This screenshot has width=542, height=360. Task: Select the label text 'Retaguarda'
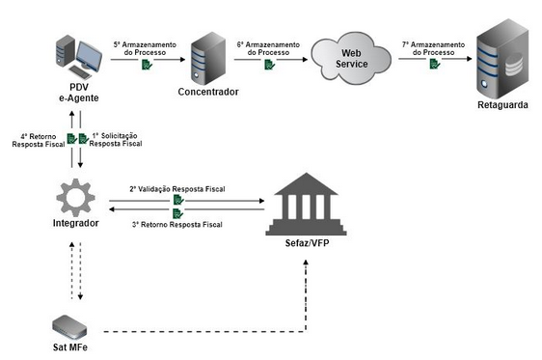pos(503,103)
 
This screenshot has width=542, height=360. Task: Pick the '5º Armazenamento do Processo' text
pos(145,47)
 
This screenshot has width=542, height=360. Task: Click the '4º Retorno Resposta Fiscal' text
pos(36,140)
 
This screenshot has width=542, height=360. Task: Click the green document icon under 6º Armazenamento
pos(270,65)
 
